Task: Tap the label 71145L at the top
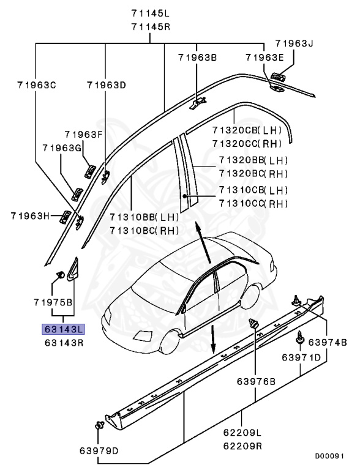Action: tap(151, 13)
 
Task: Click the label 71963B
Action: tap(197, 58)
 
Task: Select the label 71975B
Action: tap(53, 302)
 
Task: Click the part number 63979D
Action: tap(99, 452)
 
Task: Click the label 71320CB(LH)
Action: tap(246, 130)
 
